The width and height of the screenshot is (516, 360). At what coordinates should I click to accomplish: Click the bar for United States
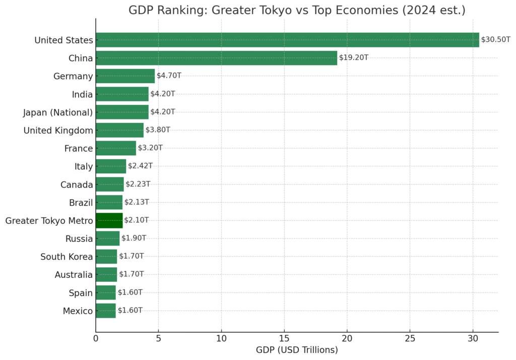pos(287,40)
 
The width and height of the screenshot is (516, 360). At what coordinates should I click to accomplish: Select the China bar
pos(216,58)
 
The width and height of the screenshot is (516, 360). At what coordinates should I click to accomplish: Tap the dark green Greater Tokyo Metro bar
pos(109,220)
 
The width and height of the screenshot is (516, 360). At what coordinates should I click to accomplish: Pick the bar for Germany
pos(125,76)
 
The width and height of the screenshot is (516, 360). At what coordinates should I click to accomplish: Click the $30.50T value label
pos(496,40)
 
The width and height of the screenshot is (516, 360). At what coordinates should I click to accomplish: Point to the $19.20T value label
pos(353,58)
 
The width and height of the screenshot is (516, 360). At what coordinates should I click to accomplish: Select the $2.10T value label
pos(137,220)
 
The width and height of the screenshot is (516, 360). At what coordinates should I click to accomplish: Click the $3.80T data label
pos(158,130)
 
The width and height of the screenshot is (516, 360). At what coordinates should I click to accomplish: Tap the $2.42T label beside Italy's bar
pos(140,166)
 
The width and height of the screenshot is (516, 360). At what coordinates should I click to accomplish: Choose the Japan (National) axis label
pos(58,112)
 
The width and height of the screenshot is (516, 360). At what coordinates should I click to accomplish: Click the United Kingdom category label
pos(58,131)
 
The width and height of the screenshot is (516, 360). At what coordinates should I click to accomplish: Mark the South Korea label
pos(67,257)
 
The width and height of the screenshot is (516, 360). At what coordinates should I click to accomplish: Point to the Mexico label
pos(78,311)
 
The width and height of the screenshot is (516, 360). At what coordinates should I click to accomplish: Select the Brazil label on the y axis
pos(81,203)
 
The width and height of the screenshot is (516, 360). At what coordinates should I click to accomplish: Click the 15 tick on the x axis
pos(284,339)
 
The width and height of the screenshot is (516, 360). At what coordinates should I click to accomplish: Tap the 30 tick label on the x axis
pos(473,339)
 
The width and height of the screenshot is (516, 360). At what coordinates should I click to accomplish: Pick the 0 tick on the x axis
pos(96,339)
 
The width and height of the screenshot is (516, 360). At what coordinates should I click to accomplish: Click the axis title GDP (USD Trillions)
pos(297,350)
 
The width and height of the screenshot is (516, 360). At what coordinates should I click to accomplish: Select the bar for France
pos(116,148)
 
